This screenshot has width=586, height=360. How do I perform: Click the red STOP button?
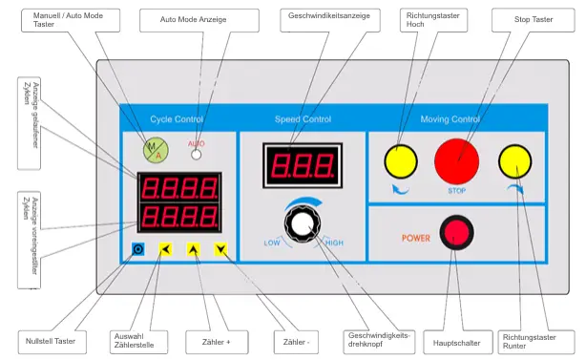coord(460,159)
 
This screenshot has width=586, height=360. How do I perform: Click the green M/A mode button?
coord(154,147)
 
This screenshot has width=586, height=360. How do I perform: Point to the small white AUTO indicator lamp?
coord(197,153)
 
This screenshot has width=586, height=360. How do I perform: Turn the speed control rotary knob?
coord(303,225)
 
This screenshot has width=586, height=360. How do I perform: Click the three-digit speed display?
coord(302,166)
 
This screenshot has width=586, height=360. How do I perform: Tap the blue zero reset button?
coord(137,250)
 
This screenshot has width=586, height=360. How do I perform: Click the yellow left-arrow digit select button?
coord(165,250)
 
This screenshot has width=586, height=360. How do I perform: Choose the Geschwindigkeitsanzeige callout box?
coord(327,17)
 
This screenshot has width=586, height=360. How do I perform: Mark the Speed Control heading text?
coord(303,119)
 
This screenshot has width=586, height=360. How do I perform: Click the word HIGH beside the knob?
coord(334,243)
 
